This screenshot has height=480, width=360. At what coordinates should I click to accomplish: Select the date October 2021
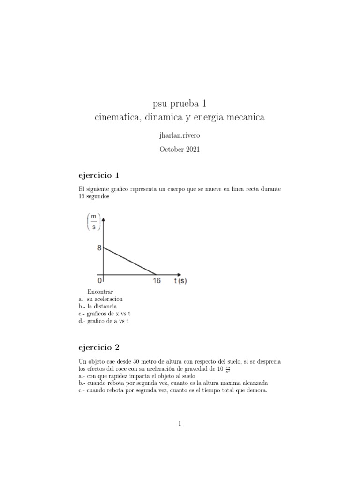180,150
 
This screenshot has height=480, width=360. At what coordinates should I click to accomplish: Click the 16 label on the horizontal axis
157,281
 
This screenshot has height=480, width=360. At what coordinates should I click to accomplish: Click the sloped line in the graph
130,260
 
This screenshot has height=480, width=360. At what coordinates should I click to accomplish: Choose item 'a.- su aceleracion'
101,299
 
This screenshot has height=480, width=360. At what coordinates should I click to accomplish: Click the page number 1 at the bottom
180,424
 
